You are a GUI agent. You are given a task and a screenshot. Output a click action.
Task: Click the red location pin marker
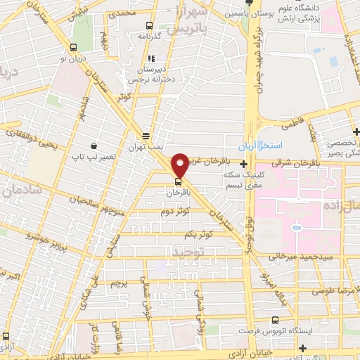pos(180,165)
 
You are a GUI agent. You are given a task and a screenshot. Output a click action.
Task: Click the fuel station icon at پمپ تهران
pos(146,136)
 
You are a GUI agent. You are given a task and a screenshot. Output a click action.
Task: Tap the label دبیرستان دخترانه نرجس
pos(149,75)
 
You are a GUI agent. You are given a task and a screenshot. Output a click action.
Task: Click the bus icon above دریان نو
pos(74,47)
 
